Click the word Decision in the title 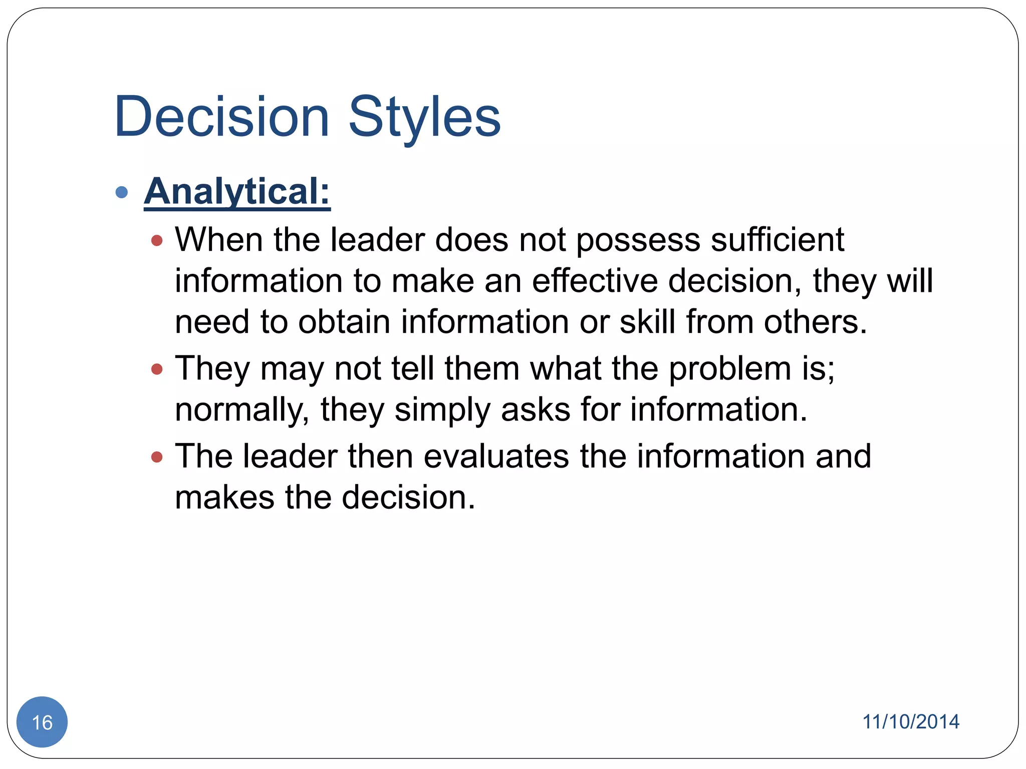(x=221, y=117)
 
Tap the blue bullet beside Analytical (x=121, y=192)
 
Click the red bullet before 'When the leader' (x=157, y=241)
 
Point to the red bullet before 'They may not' (x=157, y=369)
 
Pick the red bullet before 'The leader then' (x=157, y=457)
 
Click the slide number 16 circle (x=42, y=722)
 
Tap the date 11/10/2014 (x=910, y=722)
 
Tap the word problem (x=730, y=368)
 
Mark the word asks (x=535, y=410)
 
